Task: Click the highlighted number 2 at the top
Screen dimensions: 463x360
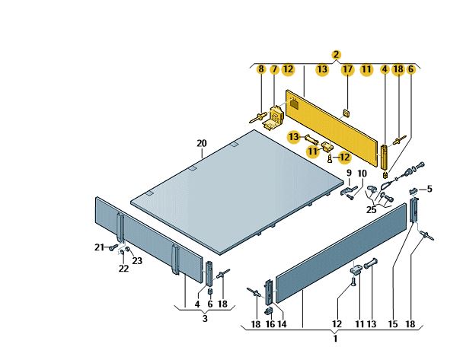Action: tap(336, 55)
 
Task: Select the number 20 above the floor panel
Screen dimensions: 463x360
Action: tap(202, 143)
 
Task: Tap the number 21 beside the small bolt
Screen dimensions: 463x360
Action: tap(99, 247)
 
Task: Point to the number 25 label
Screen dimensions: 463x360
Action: tap(371, 209)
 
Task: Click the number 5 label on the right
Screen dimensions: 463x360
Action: tap(429, 189)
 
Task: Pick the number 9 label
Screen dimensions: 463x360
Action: tap(349, 173)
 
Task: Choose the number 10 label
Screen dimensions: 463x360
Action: tap(362, 174)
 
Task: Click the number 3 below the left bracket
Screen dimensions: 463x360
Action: tap(205, 318)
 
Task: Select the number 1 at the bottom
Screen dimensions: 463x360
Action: tap(335, 338)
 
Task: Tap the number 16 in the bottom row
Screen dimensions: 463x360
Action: tap(270, 324)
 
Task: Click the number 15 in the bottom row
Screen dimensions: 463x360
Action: tap(393, 324)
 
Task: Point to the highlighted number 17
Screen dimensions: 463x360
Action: tap(347, 69)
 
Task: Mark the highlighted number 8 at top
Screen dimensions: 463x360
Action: tap(261, 69)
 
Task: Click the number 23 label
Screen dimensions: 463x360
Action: tap(137, 260)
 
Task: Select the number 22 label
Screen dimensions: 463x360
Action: tap(123, 269)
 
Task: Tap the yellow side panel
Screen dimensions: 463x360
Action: tap(331, 128)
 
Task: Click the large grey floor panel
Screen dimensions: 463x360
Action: tap(236, 192)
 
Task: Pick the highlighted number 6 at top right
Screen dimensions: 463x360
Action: tap(410, 69)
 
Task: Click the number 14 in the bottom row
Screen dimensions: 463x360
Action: tap(282, 324)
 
